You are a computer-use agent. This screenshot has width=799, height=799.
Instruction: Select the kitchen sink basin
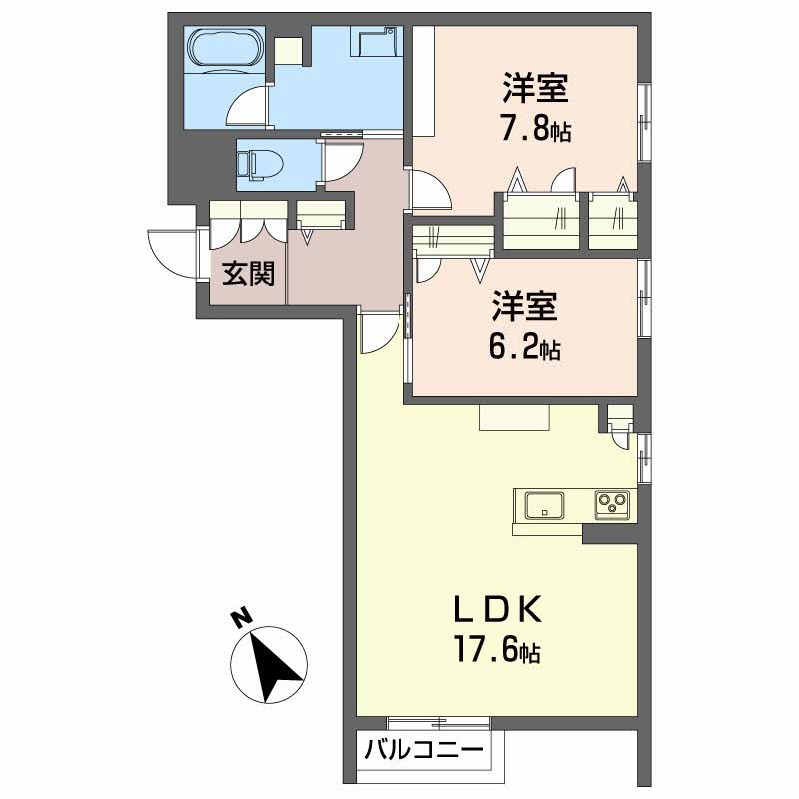tap(544, 504)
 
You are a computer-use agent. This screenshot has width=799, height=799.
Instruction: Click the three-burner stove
tap(612, 504)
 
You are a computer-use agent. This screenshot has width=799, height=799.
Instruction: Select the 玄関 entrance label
tap(248, 274)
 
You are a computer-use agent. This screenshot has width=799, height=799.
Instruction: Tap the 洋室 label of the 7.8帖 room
tap(535, 89)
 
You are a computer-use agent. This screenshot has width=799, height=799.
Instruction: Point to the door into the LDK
tap(378, 333)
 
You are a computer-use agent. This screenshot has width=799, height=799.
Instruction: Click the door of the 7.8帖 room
tap(430, 190)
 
